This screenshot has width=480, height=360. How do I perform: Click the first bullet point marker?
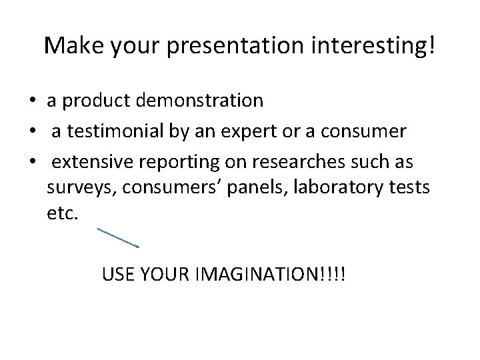pos(32,101)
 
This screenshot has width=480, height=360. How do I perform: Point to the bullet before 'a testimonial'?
pos(32,132)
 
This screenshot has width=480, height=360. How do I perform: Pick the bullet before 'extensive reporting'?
pos(32,163)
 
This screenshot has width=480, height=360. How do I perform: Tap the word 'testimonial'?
pos(117,131)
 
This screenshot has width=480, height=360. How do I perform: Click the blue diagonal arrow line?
pos(118,238)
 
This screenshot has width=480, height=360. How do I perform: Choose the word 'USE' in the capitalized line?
pos(117,273)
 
